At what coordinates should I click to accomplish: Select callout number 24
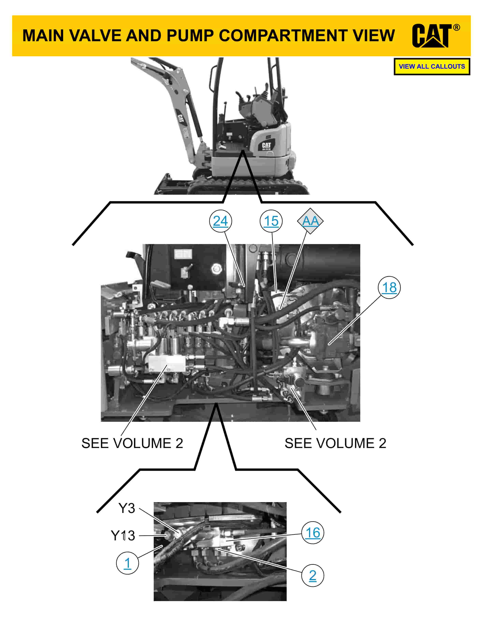click(220, 221)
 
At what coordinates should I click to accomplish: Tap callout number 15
click(271, 221)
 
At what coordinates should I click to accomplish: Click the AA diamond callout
click(310, 221)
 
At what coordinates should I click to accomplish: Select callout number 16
click(313, 532)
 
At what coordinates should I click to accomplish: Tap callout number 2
click(313, 575)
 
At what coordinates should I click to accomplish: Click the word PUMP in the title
click(190, 36)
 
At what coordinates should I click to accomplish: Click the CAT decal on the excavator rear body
click(266, 146)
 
